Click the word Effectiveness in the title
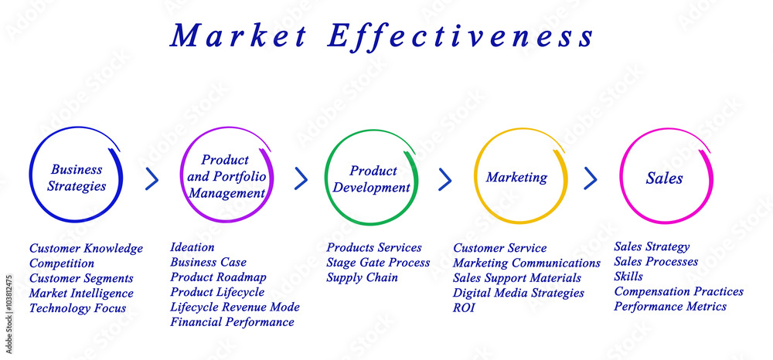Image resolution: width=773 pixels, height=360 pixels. tap(461, 36)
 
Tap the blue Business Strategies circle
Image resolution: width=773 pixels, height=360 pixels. tap(76, 177)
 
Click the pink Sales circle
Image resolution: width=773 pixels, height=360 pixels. tap(665, 178)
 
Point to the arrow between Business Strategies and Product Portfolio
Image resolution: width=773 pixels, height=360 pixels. tap(152, 179)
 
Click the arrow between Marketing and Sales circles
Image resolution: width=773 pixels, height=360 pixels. tap(591, 178)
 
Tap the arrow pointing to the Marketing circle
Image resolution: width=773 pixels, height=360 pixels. tap(445, 179)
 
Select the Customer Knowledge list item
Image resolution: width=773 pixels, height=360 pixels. tap(86, 249)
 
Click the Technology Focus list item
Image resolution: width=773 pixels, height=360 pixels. tap(77, 308)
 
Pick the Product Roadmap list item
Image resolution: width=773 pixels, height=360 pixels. tap(218, 277)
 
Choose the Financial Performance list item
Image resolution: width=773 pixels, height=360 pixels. tap(232, 322)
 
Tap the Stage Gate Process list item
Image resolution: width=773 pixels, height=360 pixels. tap(378, 263)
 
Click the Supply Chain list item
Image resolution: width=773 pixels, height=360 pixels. tap(362, 277)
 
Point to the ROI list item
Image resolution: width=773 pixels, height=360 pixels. tap(464, 307)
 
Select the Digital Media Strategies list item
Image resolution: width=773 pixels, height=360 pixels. tap(518, 293)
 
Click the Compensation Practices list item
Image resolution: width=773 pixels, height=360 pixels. tap(679, 292)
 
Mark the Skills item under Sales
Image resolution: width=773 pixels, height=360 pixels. tap(628, 277)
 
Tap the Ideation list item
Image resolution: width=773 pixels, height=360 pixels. tap(192, 248)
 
